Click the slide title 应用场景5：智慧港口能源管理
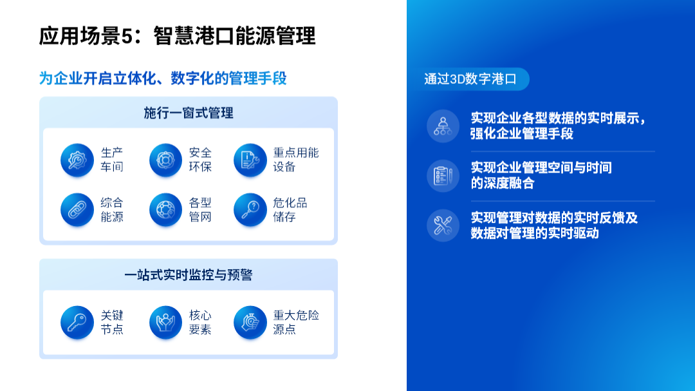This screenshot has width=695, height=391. tap(178, 36)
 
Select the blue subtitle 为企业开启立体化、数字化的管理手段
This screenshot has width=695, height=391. tap(163, 78)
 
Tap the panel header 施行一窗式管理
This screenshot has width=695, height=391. tap(189, 113)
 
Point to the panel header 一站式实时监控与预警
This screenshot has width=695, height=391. tap(189, 275)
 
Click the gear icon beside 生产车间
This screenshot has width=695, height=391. tap(77, 160)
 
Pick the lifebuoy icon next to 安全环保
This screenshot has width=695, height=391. tap(166, 160)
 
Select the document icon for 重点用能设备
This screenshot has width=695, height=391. tap(250, 160)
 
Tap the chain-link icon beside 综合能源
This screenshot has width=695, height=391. tap(77, 209)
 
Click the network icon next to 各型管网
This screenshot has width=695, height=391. tap(166, 209)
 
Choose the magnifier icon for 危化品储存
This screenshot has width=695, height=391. tap(250, 209)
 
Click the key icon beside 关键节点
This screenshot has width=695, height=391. tap(77, 322)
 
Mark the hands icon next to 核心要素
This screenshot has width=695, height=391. tap(166, 322)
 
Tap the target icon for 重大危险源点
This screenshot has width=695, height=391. tap(250, 322)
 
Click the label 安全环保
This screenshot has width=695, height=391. tap(200, 160)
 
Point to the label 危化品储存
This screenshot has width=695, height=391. tap(290, 209)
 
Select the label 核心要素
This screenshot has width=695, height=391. tap(200, 322)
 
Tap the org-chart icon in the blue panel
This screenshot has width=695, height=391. tap(443, 126)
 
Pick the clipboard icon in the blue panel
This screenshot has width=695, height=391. tap(443, 176)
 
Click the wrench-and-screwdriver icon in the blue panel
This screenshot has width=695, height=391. tap(443, 225)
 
